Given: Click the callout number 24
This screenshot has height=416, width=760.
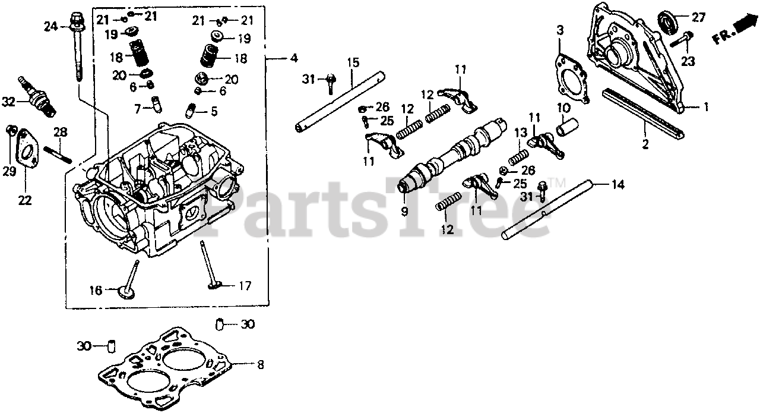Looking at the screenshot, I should (50, 26).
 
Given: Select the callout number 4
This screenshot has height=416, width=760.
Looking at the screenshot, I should (294, 58).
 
